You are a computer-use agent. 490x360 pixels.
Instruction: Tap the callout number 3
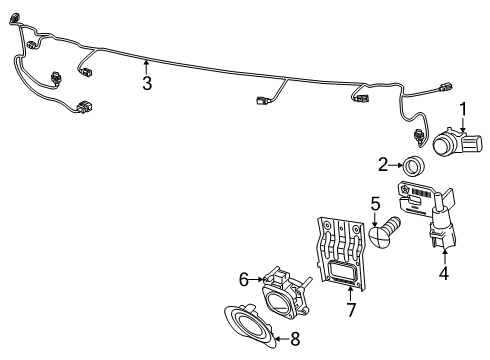[147, 84]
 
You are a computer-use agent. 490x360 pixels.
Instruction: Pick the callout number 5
[375, 205]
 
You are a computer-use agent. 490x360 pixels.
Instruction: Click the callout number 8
[293, 339]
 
